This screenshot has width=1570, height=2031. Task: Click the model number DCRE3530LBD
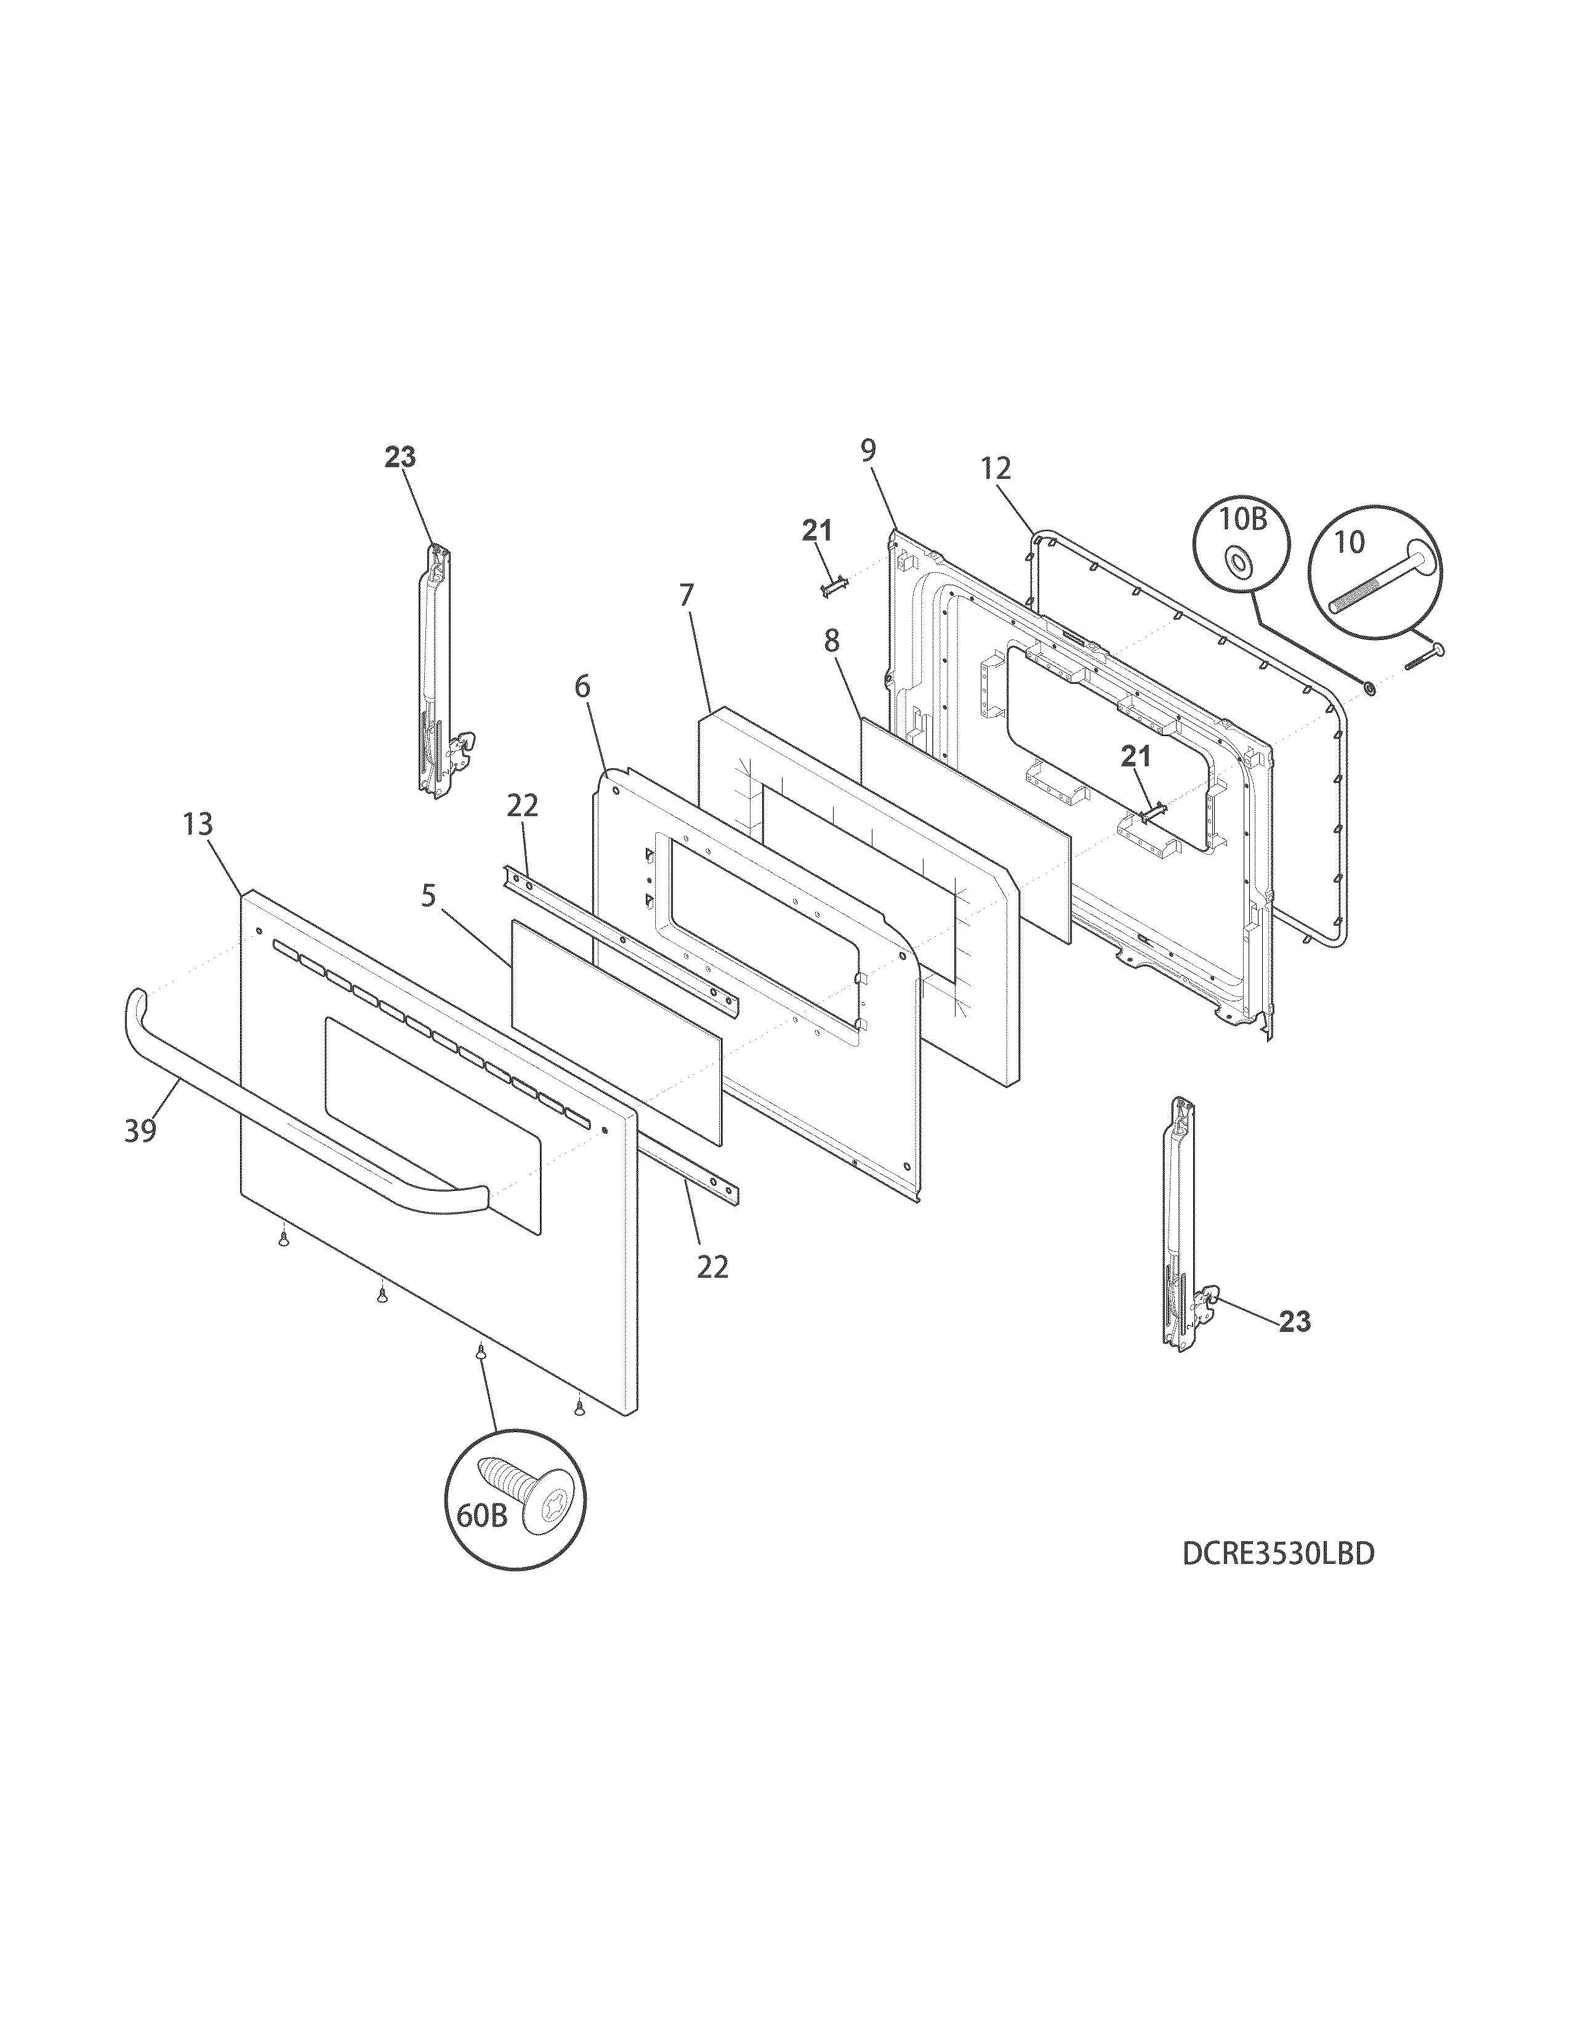click(x=1278, y=1554)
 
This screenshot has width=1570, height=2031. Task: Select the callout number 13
click(x=198, y=824)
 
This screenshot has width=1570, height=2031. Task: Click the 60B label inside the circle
click(x=482, y=1516)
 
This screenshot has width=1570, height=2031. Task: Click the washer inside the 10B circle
click(x=1238, y=560)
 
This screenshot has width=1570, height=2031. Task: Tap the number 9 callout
click(x=868, y=451)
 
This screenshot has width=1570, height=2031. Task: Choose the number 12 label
click(x=995, y=469)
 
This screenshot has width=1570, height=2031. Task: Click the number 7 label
click(x=686, y=595)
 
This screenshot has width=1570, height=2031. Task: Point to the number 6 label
click(x=582, y=687)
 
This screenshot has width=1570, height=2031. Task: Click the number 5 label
click(x=428, y=895)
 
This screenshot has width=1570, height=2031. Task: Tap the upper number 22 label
click(x=523, y=806)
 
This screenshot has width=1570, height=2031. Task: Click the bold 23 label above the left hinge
click(x=401, y=457)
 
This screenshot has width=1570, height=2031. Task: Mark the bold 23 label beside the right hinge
click(x=1295, y=1321)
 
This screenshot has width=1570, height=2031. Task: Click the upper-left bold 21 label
click(x=818, y=531)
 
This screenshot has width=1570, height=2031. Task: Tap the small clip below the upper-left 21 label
click(x=834, y=588)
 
